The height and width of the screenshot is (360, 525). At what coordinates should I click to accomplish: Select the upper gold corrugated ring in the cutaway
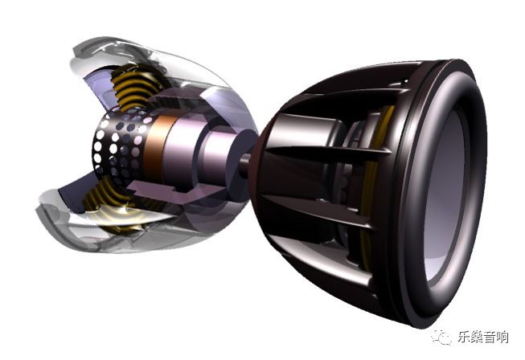point(134,85)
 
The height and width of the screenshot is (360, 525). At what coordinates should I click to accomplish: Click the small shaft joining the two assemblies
point(244,164)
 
